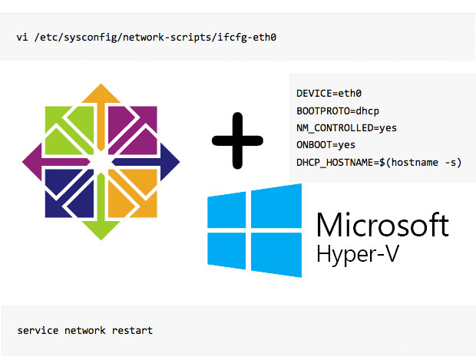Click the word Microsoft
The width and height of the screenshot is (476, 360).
click(382, 225)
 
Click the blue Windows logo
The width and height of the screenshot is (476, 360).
click(255, 233)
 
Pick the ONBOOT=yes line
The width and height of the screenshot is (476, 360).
click(326, 144)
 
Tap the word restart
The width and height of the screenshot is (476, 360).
click(132, 330)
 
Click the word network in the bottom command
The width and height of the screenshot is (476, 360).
click(84, 330)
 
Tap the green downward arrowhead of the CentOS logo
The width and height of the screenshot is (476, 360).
click(101, 228)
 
